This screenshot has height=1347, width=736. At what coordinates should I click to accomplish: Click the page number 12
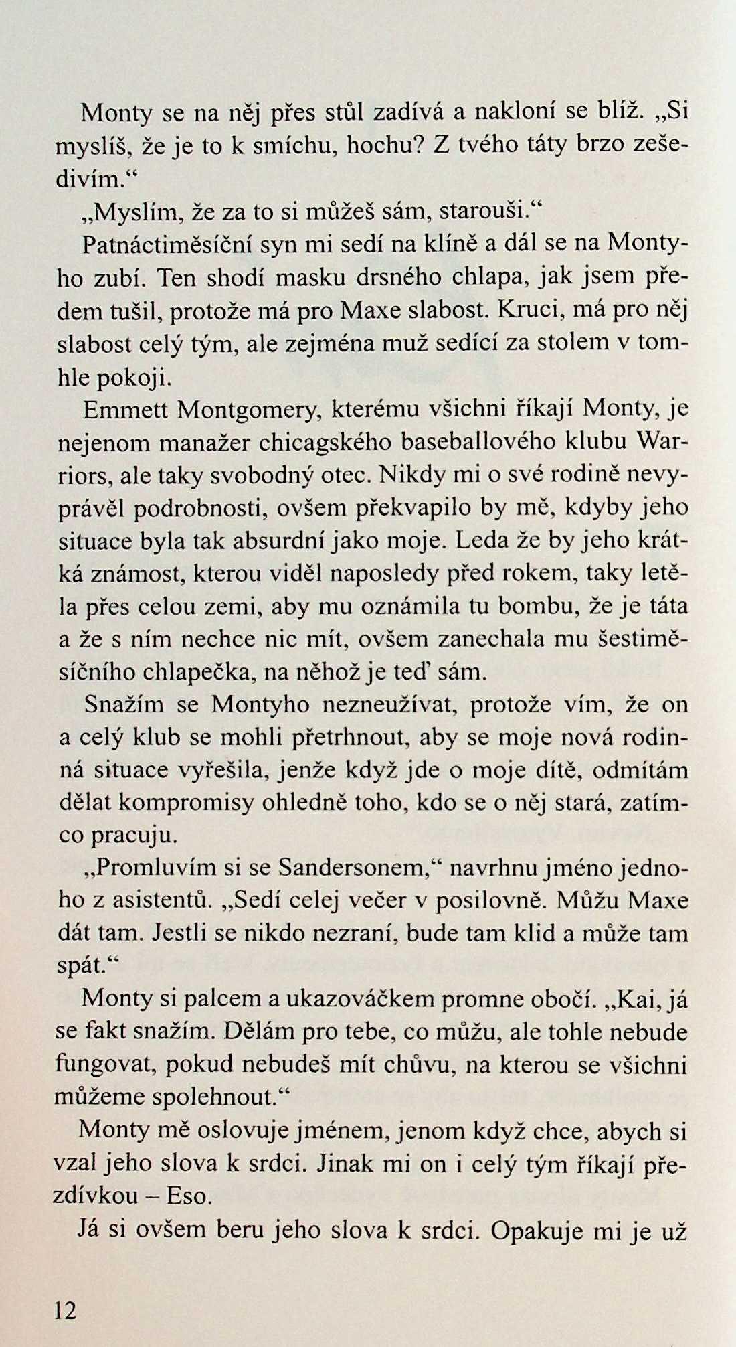point(66,1311)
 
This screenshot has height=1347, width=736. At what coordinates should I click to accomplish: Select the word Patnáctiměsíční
point(167,244)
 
